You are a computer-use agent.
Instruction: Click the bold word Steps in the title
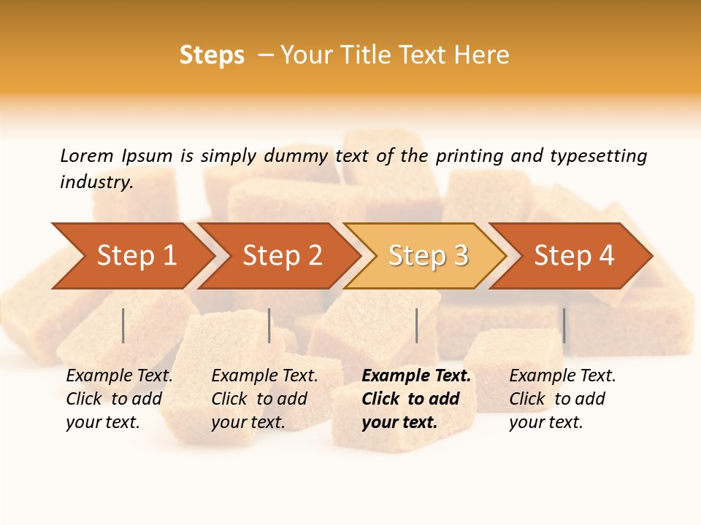[x=212, y=55]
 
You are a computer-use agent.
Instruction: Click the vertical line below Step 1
[x=123, y=325]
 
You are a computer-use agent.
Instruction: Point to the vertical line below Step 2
[x=269, y=325]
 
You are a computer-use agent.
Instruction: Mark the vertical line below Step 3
[x=417, y=325]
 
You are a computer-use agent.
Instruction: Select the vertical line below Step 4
[x=564, y=325]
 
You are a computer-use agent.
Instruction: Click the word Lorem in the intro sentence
[x=86, y=156]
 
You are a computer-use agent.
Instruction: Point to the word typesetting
[x=598, y=156]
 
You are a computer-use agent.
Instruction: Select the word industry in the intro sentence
[x=95, y=182]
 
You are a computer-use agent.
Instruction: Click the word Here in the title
[x=482, y=55]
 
